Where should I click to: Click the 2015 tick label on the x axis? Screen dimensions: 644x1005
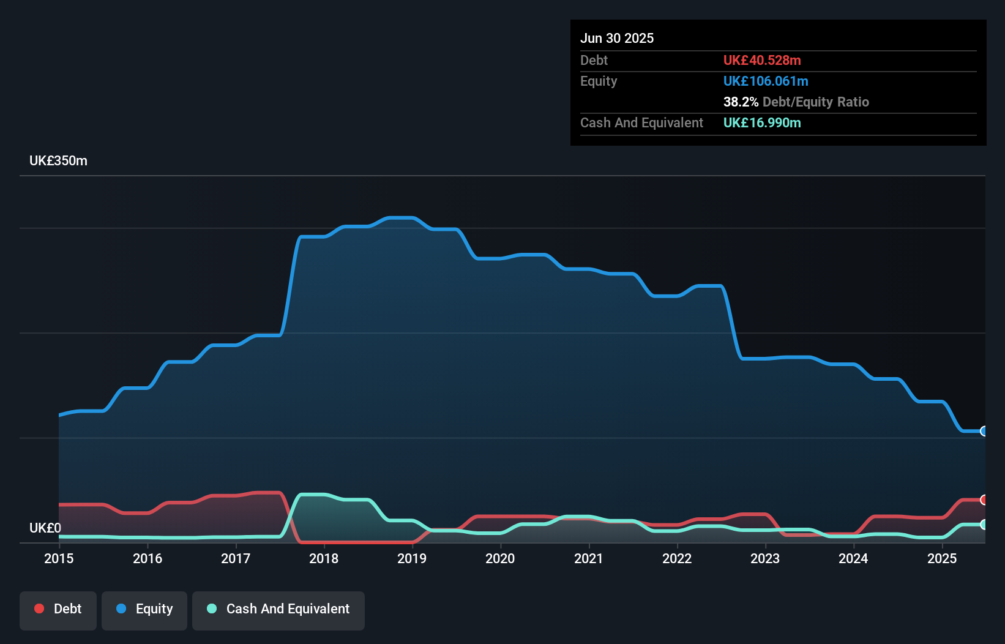point(59,558)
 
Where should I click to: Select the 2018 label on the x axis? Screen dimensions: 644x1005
point(324,558)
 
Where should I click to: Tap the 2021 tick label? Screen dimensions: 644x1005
point(589,558)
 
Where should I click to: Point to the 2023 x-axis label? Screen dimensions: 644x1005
point(765,558)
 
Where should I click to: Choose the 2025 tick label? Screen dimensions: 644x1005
point(942,558)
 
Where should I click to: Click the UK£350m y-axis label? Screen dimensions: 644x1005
point(58,161)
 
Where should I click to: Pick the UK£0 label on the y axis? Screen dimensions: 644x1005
point(45,528)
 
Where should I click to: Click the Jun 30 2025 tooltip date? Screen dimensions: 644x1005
point(617,38)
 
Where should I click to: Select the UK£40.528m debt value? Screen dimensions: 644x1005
point(762,60)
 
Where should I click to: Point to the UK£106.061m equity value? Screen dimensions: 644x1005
point(766,81)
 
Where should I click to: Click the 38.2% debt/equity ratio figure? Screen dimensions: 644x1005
point(741,102)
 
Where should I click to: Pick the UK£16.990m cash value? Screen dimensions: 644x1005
point(762,122)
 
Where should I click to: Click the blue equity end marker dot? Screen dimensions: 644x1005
point(984,431)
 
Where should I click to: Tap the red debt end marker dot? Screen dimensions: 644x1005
point(984,500)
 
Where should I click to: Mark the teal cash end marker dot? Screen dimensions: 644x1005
point(984,524)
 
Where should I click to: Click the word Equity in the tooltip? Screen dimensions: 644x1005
point(599,81)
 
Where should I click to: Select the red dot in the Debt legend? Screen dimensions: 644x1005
point(39,608)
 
